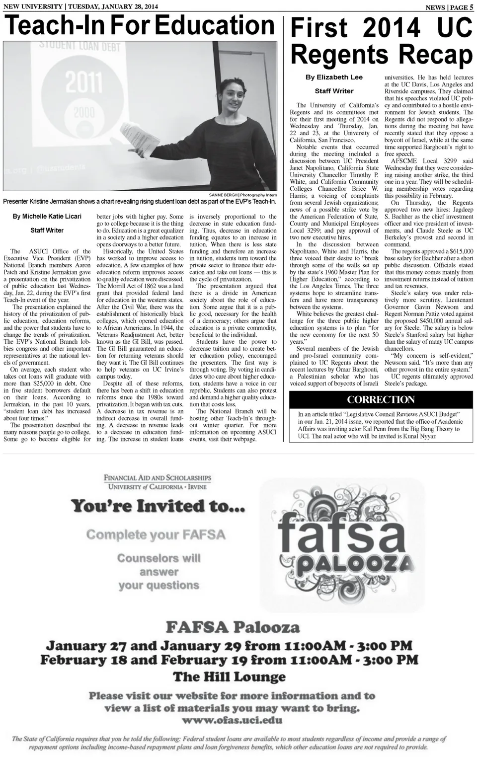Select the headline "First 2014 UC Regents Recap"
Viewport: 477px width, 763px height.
(x=381, y=41)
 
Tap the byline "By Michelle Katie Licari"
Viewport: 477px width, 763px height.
(x=47, y=216)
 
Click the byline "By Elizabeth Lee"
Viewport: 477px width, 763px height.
(x=334, y=77)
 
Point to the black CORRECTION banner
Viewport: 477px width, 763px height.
(x=381, y=400)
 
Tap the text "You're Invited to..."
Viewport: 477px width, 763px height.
(x=158, y=506)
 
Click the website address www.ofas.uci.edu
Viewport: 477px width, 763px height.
(x=232, y=720)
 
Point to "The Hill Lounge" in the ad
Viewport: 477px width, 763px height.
(x=229, y=677)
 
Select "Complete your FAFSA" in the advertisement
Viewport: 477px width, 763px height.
(x=156, y=535)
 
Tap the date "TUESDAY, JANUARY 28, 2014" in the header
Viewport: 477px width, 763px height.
(x=112, y=6)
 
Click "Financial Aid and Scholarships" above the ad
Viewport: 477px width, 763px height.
(x=157, y=478)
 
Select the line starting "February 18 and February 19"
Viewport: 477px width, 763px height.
(x=229, y=660)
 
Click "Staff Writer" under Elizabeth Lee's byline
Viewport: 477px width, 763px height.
(x=334, y=91)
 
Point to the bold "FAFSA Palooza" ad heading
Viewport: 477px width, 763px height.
(x=233, y=627)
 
